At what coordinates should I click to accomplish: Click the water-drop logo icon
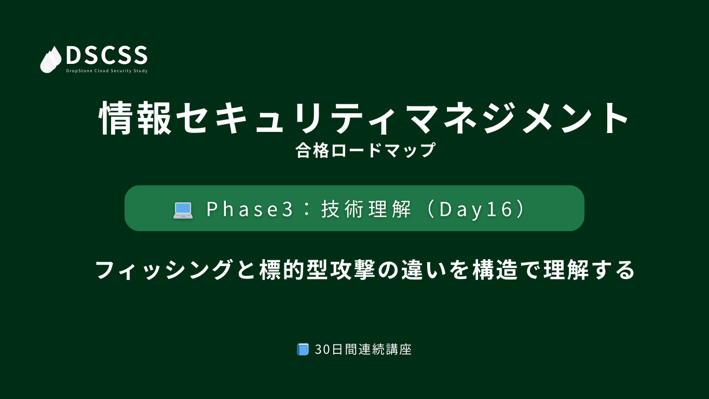click(51, 60)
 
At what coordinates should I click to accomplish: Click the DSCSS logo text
click(107, 55)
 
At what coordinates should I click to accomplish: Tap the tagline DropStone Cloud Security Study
click(107, 71)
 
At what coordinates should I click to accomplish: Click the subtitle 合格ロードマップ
click(366, 150)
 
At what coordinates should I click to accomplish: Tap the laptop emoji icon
click(183, 210)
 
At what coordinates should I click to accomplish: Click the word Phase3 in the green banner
click(250, 209)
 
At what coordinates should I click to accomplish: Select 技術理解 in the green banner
click(366, 209)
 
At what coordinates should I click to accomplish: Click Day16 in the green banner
click(476, 210)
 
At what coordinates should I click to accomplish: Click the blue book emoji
click(303, 349)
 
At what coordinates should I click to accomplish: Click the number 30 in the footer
click(323, 350)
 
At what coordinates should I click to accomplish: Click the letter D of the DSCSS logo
click(74, 55)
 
